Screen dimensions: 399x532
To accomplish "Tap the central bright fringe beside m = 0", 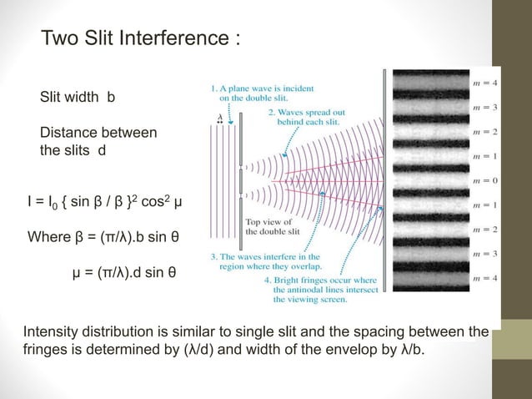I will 425,179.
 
